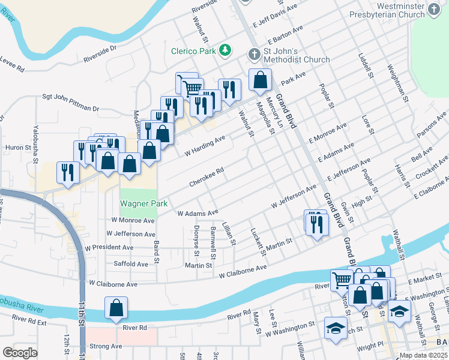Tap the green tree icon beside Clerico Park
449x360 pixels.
point(225,49)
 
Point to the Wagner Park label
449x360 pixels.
point(143,203)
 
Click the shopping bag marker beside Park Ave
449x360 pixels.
point(260,80)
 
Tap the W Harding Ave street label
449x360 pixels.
point(205,145)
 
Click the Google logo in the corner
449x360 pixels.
point(20,353)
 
